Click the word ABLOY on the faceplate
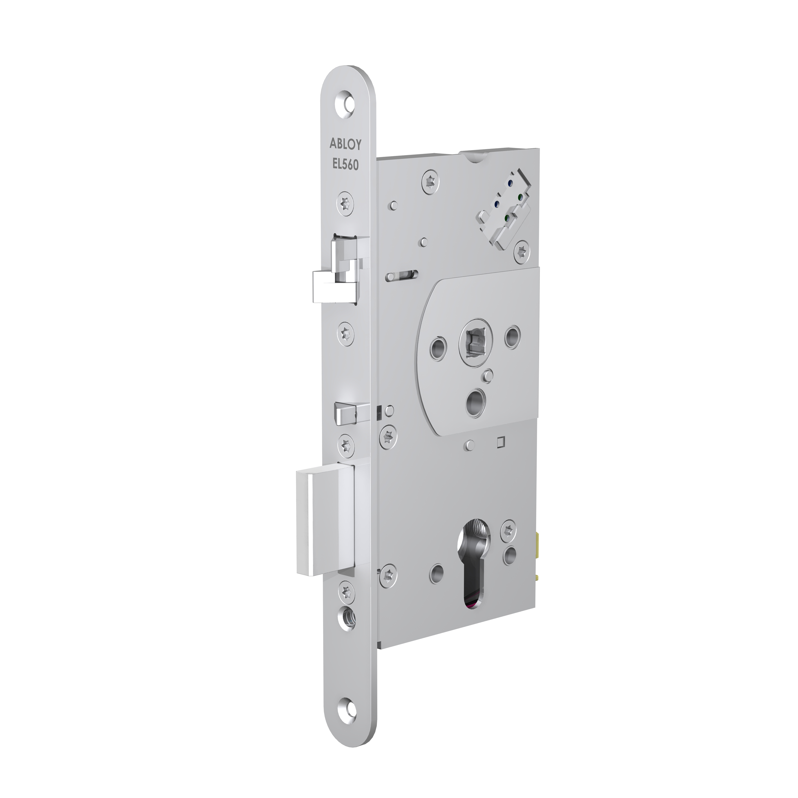coord(345,144)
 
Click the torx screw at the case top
coord(431,182)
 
